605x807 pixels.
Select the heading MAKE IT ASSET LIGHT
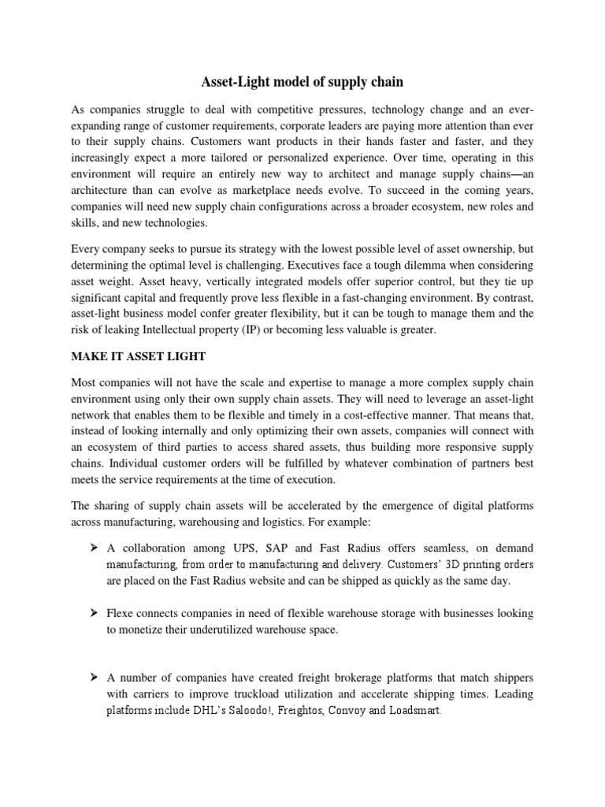pyautogui.click(x=139, y=356)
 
